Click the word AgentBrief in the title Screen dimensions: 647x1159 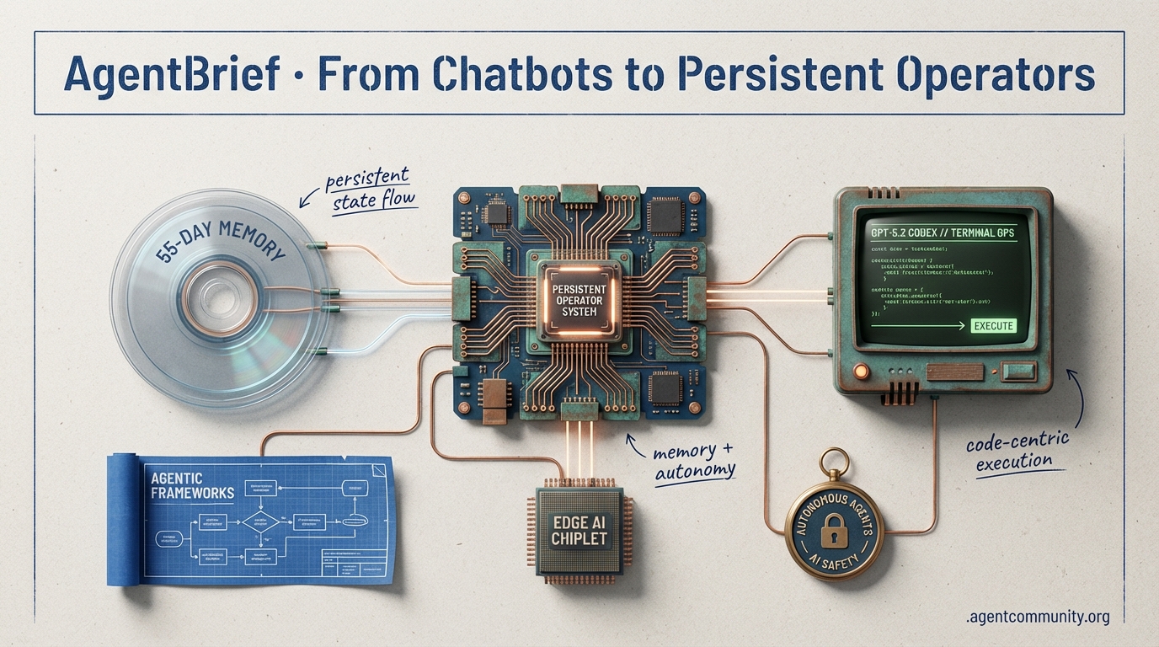(171, 74)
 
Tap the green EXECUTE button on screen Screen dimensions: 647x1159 (993, 326)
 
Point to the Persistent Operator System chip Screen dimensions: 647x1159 (579, 299)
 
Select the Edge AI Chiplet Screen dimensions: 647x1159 (579, 528)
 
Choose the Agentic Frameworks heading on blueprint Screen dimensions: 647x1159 (190, 486)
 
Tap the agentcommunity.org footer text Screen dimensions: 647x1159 (1037, 618)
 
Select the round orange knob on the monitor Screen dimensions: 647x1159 (861, 370)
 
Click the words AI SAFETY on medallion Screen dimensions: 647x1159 (833, 559)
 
